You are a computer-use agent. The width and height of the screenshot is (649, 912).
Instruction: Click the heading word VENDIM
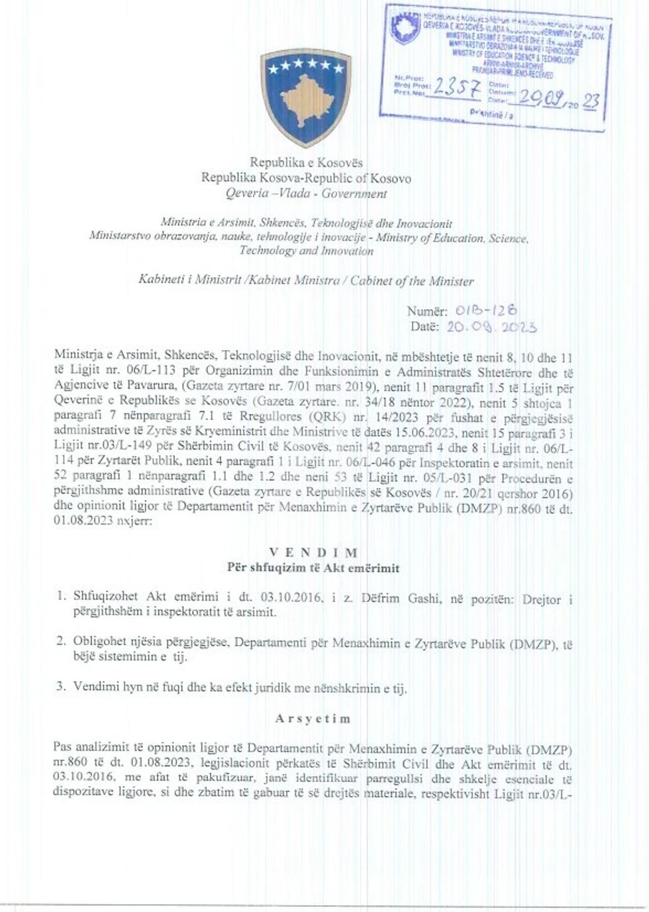tap(313, 552)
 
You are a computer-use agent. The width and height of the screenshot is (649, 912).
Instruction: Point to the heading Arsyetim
tap(313, 718)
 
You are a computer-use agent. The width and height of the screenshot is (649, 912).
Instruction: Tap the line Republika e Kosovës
tap(306, 162)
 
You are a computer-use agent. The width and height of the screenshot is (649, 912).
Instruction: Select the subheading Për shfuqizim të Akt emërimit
tap(313, 568)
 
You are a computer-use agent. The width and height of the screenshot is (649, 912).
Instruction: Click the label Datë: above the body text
tap(424, 327)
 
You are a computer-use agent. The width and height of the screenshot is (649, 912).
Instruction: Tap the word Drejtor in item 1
tap(542, 599)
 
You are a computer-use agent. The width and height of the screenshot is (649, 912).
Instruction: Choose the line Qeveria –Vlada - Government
tap(306, 194)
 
